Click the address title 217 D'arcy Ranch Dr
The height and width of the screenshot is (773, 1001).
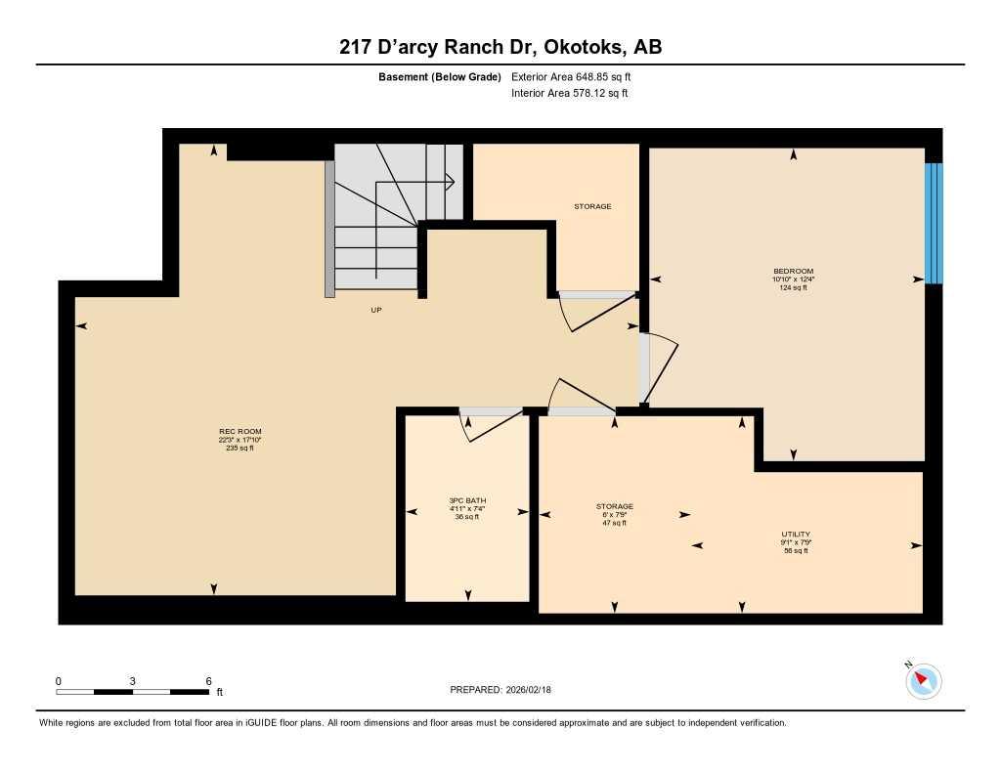click(500, 47)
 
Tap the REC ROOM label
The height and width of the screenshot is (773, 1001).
click(239, 431)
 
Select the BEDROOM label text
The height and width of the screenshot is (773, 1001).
click(793, 271)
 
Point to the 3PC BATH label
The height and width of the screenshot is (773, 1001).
click(467, 500)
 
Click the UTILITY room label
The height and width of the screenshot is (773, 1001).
click(795, 535)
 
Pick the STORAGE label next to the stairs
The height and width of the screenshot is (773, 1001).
click(592, 206)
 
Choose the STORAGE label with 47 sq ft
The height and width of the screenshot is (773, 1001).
click(615, 506)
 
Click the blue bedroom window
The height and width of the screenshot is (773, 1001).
click(934, 223)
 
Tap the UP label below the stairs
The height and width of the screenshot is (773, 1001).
click(375, 310)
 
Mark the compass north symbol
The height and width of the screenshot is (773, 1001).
click(923, 680)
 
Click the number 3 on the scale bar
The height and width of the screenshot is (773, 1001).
click(131, 681)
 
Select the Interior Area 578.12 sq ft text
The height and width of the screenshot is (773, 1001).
click(569, 94)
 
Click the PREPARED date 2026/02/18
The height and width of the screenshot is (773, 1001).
click(500, 689)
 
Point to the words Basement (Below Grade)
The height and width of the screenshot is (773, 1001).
click(439, 76)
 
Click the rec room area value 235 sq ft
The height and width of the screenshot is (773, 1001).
click(239, 448)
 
